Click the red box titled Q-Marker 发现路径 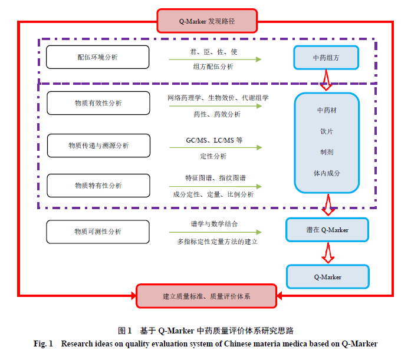207,21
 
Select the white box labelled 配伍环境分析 97,57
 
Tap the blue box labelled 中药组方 326,58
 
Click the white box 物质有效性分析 98,103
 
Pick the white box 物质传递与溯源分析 98,146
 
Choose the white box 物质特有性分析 98,186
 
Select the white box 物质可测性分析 98,232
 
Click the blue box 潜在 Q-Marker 327,230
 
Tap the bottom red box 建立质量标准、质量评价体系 206,296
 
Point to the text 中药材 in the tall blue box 327,110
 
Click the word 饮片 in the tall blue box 327,131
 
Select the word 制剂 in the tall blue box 327,152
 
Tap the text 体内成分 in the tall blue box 327,173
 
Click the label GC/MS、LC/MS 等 214,140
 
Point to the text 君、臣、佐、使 213,52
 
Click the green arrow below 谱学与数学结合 215,232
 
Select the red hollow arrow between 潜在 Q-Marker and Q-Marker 328,253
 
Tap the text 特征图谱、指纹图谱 215,178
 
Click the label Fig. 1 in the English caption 43,344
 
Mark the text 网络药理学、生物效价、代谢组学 218,98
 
